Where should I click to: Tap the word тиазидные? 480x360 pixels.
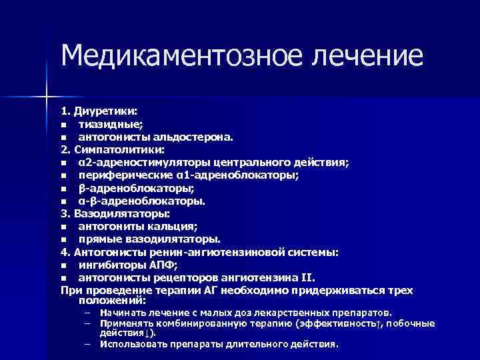[106, 125]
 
